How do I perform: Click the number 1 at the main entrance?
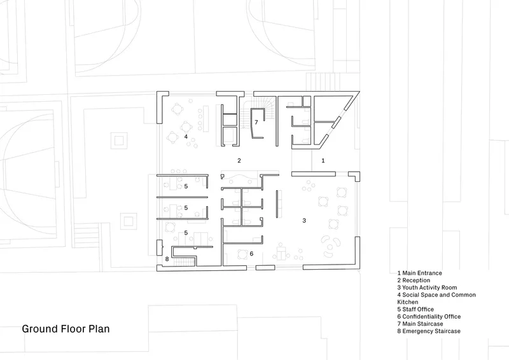click(x=323, y=160)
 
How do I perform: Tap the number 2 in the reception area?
click(x=239, y=160)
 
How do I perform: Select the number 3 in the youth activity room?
click(x=304, y=221)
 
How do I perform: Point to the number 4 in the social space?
click(x=186, y=137)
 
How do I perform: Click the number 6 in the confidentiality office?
click(x=251, y=254)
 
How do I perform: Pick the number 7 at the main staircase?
click(x=256, y=122)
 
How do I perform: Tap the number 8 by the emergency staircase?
click(x=167, y=259)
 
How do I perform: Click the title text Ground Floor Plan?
click(x=66, y=329)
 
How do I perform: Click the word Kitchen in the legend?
click(x=408, y=302)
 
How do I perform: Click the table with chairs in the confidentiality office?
click(x=242, y=254)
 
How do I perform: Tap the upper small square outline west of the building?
click(x=119, y=141)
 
